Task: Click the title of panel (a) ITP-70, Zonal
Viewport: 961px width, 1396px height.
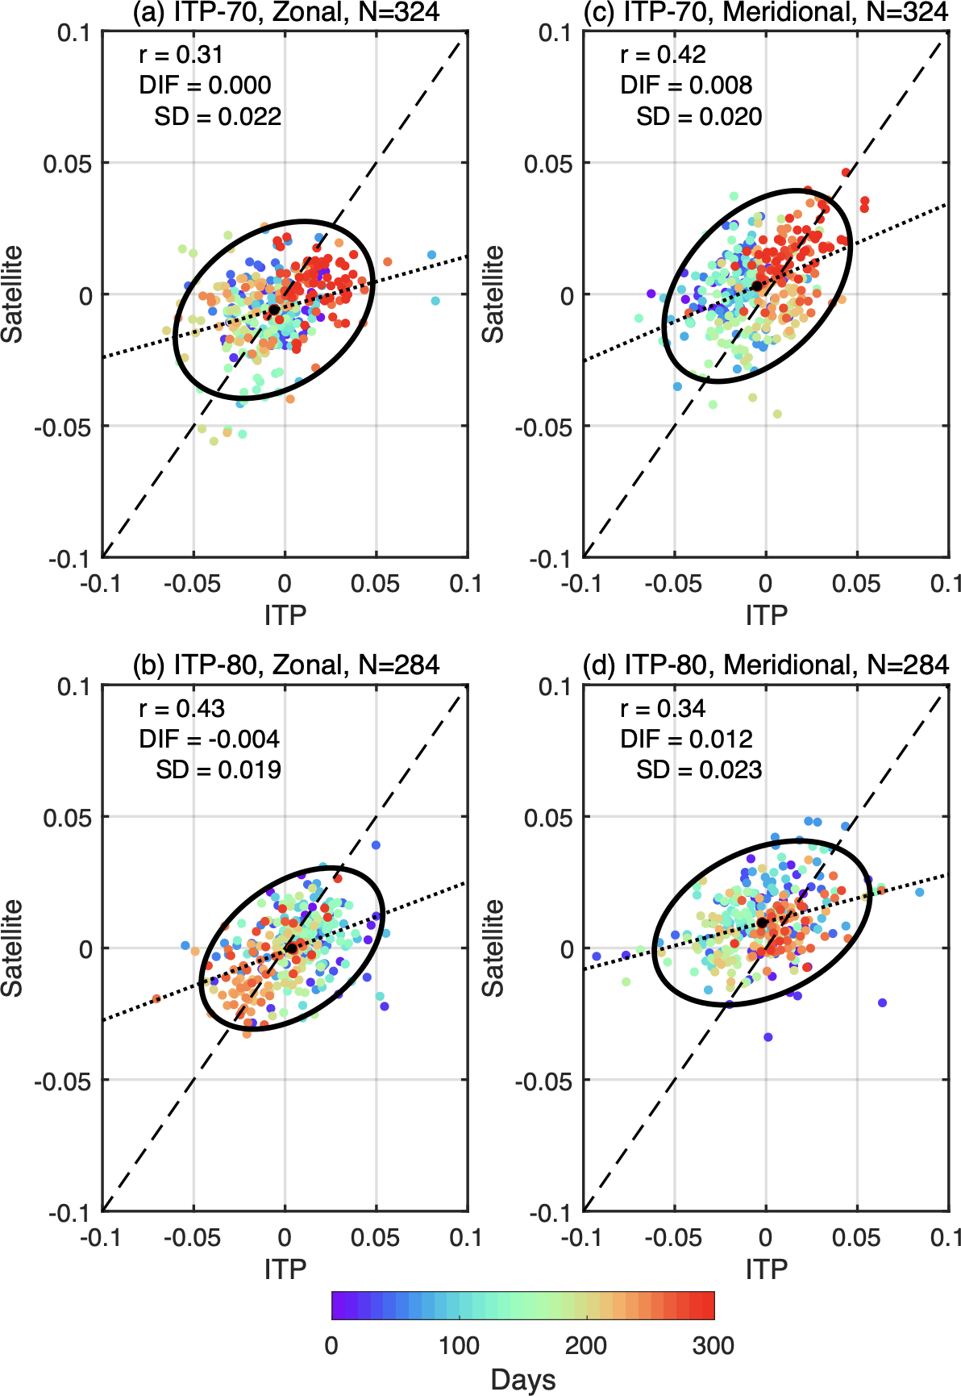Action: click(286, 11)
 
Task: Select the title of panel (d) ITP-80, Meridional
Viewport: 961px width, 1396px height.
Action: click(766, 665)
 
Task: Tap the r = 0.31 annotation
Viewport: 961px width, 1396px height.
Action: click(181, 54)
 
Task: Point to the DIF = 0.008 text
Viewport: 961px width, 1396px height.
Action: click(686, 85)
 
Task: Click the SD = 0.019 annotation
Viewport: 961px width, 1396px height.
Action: click(218, 769)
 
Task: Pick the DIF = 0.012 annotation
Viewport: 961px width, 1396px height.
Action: click(686, 739)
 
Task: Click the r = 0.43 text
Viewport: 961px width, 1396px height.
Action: click(181, 708)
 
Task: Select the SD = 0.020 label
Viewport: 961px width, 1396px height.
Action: click(699, 116)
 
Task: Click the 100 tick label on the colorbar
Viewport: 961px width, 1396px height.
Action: click(459, 1345)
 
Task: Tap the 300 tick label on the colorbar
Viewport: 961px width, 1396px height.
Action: click(713, 1345)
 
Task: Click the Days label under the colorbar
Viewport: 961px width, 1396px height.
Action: click(522, 1380)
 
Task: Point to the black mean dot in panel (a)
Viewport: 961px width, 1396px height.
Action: click(274, 310)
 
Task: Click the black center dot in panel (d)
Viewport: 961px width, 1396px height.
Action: click(762, 923)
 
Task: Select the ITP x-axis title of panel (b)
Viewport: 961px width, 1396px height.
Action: click(285, 1269)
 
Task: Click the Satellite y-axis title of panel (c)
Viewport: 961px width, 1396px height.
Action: click(493, 294)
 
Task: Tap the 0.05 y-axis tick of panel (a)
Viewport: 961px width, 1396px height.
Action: click(67, 164)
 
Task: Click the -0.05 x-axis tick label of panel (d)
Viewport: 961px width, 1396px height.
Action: click(673, 1237)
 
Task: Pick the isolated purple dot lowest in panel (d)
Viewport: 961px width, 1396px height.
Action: click(768, 1037)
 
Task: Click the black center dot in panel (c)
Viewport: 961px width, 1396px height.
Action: click(757, 285)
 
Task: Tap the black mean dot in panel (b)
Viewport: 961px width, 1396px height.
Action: click(291, 948)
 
